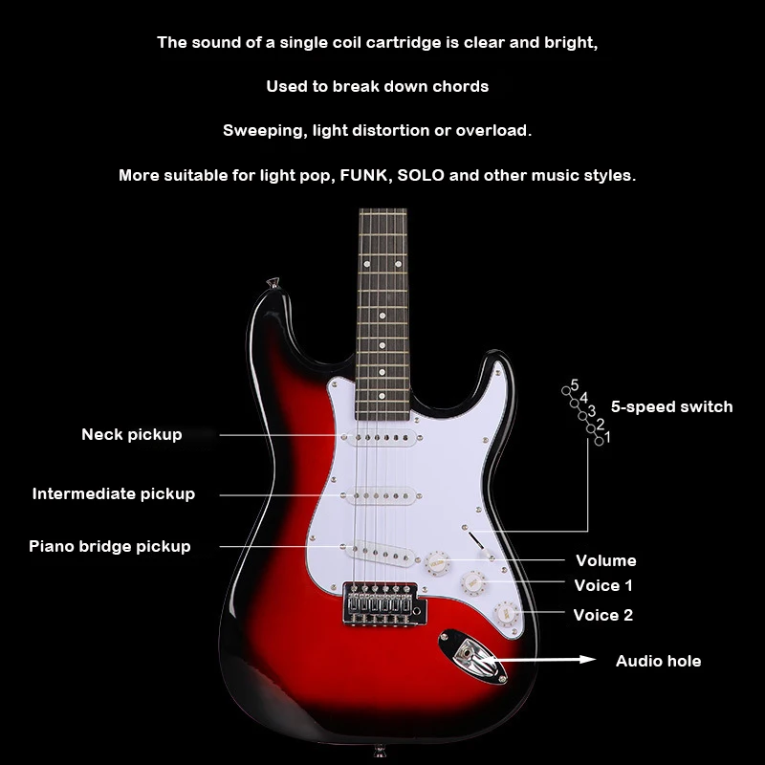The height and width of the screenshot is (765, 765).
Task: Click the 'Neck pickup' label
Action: (x=131, y=435)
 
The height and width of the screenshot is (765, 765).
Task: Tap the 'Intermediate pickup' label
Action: (x=114, y=494)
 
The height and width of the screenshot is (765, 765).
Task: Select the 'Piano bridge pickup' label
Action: (x=110, y=547)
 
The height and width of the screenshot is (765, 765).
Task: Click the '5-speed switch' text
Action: (x=671, y=406)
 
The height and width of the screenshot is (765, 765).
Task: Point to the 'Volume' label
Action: (x=605, y=561)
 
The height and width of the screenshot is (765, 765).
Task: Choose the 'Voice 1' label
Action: (x=603, y=586)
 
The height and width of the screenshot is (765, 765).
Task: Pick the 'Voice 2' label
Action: (x=603, y=616)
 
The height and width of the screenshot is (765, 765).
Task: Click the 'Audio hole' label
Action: (x=658, y=662)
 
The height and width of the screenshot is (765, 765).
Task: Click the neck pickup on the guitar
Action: (x=380, y=438)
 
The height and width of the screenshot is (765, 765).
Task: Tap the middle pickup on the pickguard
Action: (x=381, y=496)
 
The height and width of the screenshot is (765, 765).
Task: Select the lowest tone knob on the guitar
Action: (x=505, y=612)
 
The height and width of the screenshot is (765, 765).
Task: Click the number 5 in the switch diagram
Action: (x=575, y=385)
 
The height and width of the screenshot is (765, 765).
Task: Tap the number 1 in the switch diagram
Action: (x=608, y=437)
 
